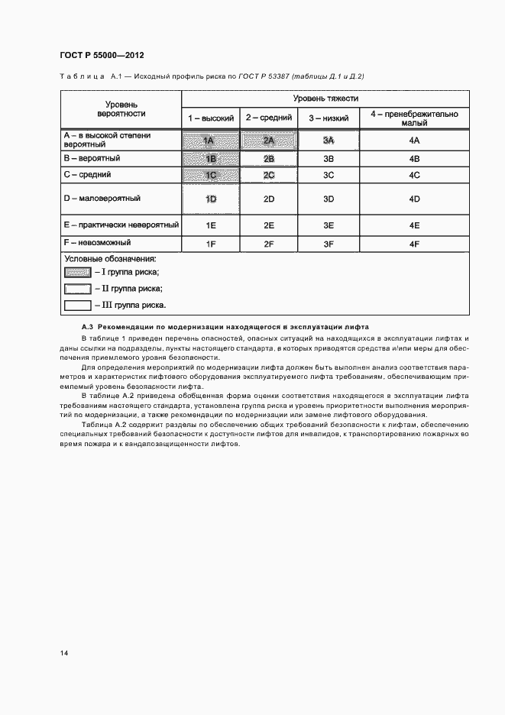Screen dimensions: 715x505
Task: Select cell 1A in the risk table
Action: tap(209, 141)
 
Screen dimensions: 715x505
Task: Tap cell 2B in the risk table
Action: tap(268, 159)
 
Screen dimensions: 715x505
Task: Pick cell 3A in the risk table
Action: tap(329, 141)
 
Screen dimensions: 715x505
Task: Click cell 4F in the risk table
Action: tap(415, 244)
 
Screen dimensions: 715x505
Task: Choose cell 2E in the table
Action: tap(268, 225)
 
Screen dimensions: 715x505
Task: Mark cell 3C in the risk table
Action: tap(329, 175)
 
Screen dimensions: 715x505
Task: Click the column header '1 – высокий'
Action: tap(212, 118)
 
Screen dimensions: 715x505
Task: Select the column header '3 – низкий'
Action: tap(329, 118)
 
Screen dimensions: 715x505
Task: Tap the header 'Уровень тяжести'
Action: tap(325, 99)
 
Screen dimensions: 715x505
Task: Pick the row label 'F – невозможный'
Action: tap(97, 243)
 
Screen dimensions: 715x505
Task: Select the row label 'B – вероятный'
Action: tap(92, 158)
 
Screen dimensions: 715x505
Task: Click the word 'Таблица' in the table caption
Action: tap(82, 76)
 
